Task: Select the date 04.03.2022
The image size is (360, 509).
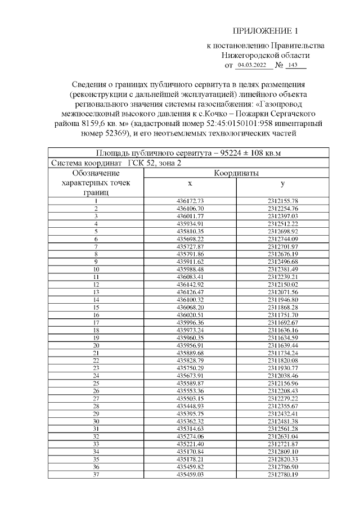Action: pos(251,65)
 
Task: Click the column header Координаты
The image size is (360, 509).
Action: pos(236,174)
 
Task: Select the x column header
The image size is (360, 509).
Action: pos(190,184)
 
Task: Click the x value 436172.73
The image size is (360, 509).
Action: pos(190,201)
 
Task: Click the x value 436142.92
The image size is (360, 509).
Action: pos(190,285)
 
